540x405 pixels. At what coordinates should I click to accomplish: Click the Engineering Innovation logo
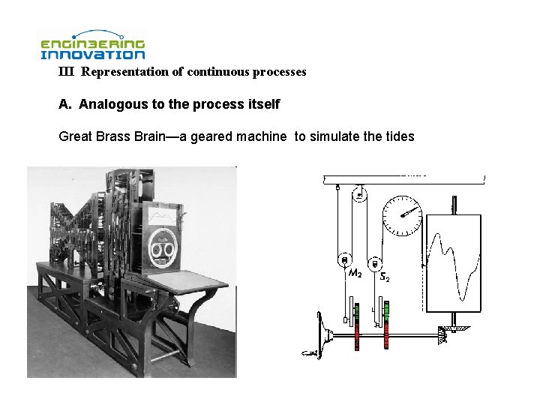92,45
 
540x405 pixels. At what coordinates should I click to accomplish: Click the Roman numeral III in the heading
67,73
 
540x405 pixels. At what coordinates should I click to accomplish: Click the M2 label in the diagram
355,274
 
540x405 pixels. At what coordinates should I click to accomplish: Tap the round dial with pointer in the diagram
402,215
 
